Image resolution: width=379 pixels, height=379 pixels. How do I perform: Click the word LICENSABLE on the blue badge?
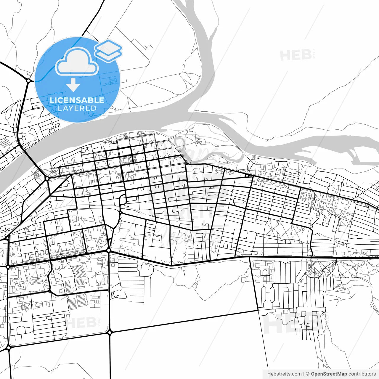tap(77, 100)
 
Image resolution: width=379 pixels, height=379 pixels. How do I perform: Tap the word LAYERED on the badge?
tap(77, 108)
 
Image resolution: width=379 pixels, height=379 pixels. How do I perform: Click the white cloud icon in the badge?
tap(77, 62)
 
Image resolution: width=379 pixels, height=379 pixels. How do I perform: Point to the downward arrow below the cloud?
tap(73, 85)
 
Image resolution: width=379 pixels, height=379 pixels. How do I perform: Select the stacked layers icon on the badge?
tap(108, 51)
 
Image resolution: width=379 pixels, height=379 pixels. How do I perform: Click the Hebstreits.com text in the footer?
tap(284, 374)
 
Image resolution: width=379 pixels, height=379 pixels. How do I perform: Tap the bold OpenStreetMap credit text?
tap(329, 374)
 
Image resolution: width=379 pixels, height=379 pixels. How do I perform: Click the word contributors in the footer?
tap(362, 374)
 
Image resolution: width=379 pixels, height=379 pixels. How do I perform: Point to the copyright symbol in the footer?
tap(308, 374)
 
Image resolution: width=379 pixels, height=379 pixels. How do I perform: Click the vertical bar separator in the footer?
tap(304, 374)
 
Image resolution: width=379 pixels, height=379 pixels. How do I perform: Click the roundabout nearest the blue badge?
tap(28, 80)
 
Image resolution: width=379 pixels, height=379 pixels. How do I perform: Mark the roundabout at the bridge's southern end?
tap(47, 179)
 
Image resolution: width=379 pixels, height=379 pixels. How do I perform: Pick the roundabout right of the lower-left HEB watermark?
tap(110, 333)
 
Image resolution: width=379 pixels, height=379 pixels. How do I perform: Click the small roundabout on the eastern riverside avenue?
tap(247, 176)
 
